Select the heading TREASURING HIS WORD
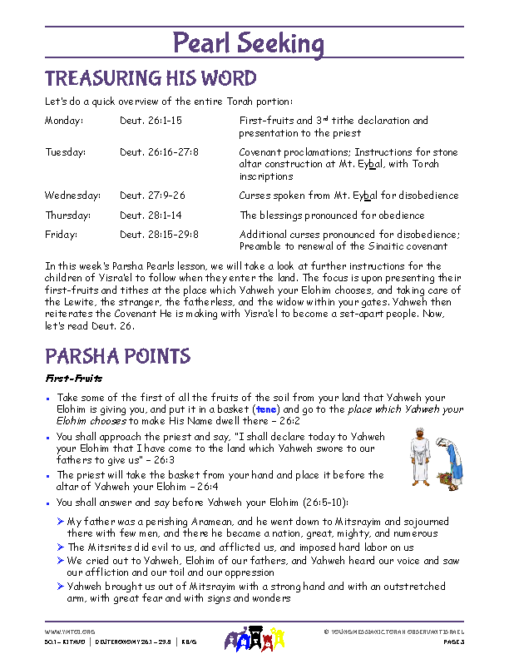151,79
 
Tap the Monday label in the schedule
64,121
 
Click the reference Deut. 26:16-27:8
159,152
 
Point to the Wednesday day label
72,196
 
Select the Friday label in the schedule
61,235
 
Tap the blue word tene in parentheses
266,409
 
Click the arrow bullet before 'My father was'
61,521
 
